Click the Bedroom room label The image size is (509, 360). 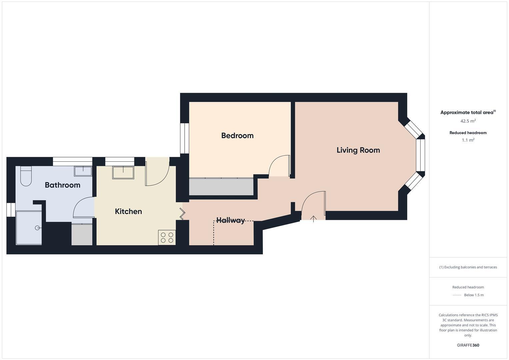237,136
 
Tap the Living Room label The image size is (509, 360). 358,150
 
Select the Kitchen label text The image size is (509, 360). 128,211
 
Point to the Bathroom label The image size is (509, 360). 63,185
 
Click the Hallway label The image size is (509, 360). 231,220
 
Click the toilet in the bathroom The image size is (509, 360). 26,177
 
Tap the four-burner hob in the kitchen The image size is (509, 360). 167,237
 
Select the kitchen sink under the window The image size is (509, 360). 123,173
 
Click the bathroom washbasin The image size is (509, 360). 83,171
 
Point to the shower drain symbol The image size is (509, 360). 37,228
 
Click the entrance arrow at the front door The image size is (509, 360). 313,219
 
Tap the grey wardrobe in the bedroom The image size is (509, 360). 221,187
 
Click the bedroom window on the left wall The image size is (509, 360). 184,138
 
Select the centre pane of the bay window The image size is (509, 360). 420,155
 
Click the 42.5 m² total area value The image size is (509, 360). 468,121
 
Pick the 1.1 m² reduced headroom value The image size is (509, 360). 468,140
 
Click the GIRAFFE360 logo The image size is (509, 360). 468,345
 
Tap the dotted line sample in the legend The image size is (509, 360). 457,295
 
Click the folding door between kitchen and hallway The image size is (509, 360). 182,214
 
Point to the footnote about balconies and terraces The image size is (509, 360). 468,267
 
